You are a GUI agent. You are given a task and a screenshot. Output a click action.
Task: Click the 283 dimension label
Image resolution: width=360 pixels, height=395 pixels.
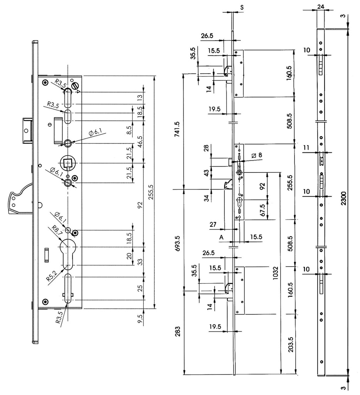[x=178, y=333]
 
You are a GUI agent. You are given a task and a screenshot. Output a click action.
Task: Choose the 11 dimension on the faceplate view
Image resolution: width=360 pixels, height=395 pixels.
[x=307, y=147]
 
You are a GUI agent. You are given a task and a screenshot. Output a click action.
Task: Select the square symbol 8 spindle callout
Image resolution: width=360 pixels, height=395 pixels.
[x=256, y=155]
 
